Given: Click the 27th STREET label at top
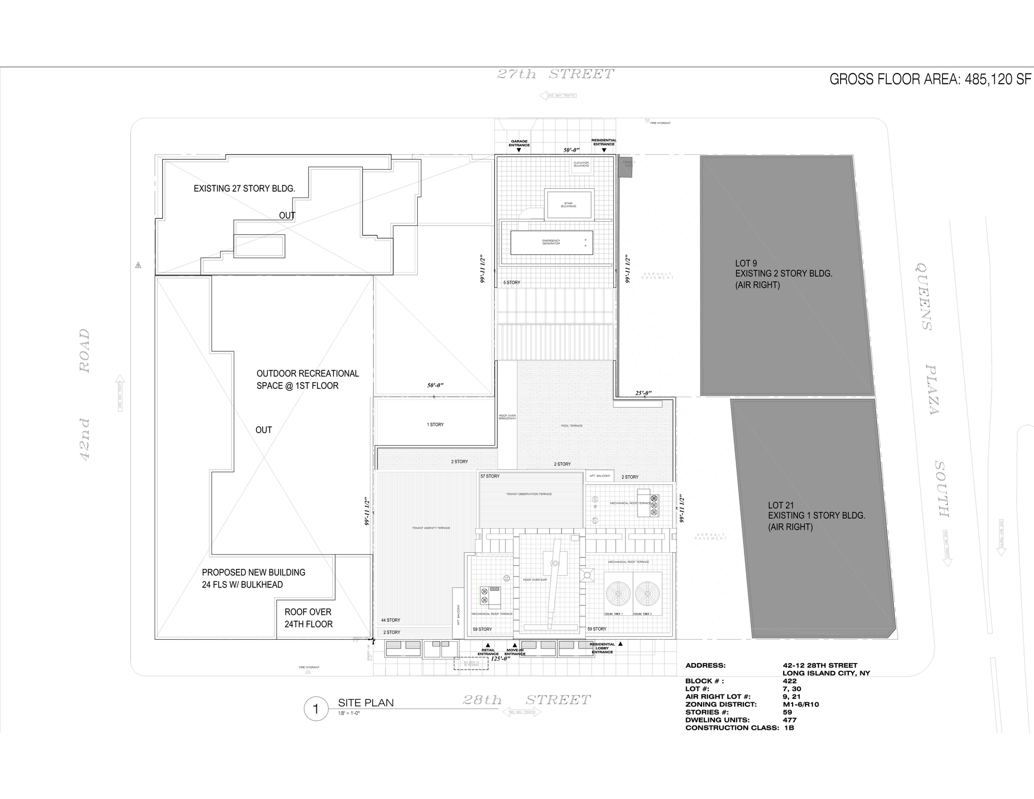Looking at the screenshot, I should (x=555, y=74).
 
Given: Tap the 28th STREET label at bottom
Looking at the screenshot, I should (x=526, y=700).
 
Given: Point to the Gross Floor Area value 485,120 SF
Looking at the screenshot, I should (x=997, y=79).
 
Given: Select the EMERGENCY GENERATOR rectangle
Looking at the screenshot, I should (x=551, y=243).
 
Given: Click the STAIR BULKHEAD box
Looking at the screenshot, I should (x=568, y=205).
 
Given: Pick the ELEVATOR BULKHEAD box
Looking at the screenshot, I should (x=581, y=164).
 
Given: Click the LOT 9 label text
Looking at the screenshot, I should (x=746, y=263).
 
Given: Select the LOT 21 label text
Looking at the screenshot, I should (x=780, y=505).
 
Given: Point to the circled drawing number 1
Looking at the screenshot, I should (x=316, y=708).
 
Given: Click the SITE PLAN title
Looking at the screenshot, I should (x=366, y=703).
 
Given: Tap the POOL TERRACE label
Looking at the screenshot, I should (x=571, y=426).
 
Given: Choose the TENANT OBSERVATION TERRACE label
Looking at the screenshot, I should (x=529, y=494).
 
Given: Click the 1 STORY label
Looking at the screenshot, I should (x=435, y=425).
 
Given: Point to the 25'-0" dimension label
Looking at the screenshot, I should (x=643, y=393).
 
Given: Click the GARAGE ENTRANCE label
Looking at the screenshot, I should (x=519, y=143).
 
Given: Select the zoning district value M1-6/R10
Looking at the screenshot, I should (x=800, y=704).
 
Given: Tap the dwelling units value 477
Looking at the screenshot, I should (x=789, y=720).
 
